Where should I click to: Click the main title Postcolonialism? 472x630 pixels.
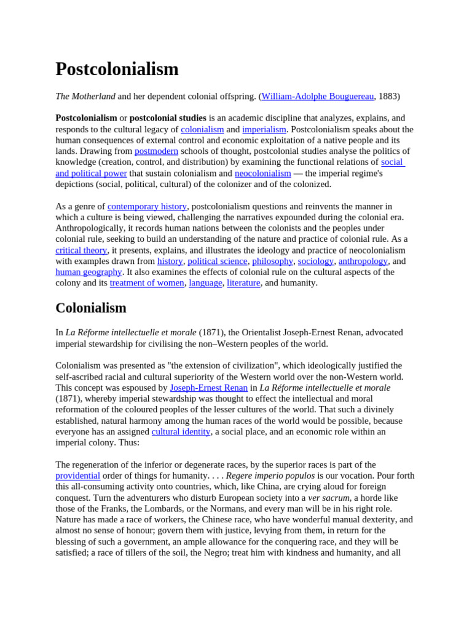(117, 69)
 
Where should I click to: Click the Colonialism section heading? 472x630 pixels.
(91, 308)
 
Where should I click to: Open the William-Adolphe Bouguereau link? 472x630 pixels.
(317, 97)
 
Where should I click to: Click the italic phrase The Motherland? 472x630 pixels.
(85, 97)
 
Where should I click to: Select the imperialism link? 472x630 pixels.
(264, 129)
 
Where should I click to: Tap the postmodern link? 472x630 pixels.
(156, 151)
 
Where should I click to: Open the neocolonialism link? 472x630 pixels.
(262, 173)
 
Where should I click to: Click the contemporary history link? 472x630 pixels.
(147, 207)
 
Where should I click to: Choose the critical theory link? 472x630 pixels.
(81, 250)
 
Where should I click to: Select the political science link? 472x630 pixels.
(217, 261)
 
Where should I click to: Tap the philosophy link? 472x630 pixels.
(272, 261)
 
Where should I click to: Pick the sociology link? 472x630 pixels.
(315, 261)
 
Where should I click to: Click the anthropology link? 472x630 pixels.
(363, 261)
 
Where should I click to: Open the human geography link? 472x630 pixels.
(88, 272)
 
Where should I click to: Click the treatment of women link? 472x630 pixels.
(147, 283)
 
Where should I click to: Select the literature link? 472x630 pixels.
(243, 283)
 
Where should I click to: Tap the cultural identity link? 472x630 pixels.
(181, 432)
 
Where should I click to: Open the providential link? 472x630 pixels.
(77, 476)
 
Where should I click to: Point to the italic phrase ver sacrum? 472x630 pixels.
(328, 498)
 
